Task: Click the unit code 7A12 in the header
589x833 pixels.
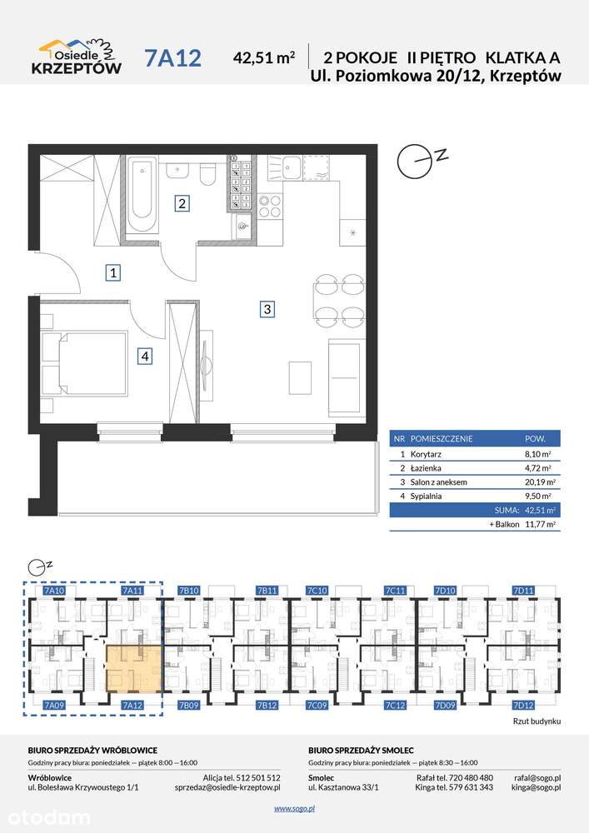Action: (x=172, y=58)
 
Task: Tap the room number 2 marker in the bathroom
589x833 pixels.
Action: (x=182, y=203)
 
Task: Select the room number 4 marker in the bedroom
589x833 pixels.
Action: (x=145, y=356)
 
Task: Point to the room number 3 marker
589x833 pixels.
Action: (x=267, y=308)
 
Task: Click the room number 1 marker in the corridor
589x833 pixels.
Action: (x=113, y=272)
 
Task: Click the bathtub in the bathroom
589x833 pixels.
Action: (x=142, y=194)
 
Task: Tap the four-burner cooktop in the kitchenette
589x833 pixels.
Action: (x=269, y=206)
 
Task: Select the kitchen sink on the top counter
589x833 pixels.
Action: (x=291, y=168)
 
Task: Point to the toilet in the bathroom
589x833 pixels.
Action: (x=207, y=172)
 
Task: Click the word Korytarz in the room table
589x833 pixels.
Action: (x=426, y=454)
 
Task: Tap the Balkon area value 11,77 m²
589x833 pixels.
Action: (x=540, y=524)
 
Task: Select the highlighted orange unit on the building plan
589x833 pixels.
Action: (x=134, y=669)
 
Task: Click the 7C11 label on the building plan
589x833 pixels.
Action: (x=395, y=591)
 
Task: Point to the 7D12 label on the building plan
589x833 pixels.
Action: (x=523, y=706)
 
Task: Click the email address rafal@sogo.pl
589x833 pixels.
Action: (x=537, y=778)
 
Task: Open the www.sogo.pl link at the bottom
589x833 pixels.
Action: (x=295, y=809)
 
